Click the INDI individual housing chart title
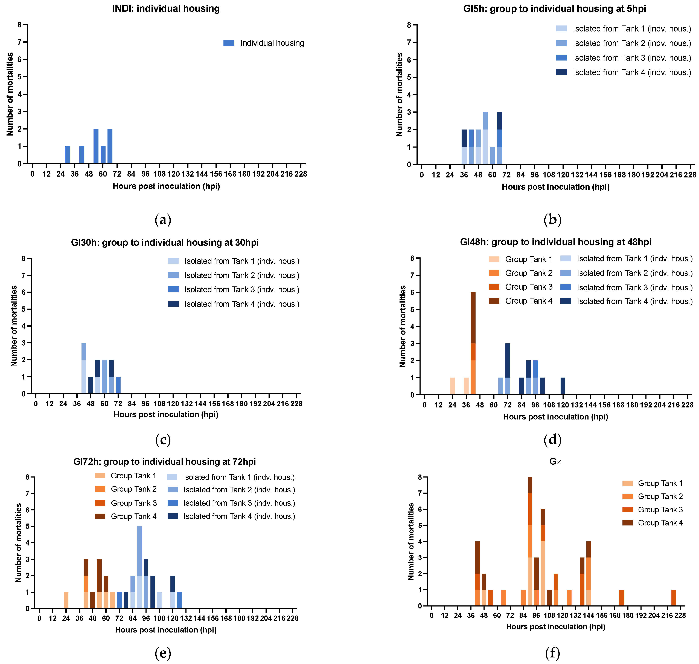coord(166,8)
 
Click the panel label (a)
coord(163,220)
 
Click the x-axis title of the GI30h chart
coord(166,415)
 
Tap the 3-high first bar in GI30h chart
coord(84,368)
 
